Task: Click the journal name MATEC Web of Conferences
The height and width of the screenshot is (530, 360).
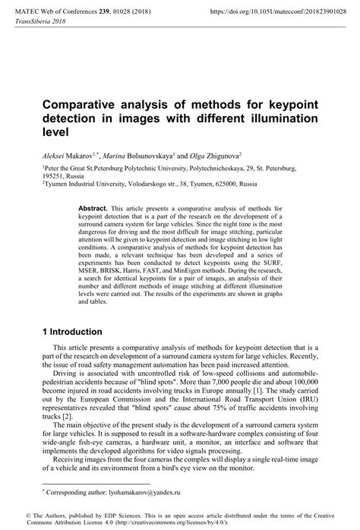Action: pyautogui.click(x=55, y=11)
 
